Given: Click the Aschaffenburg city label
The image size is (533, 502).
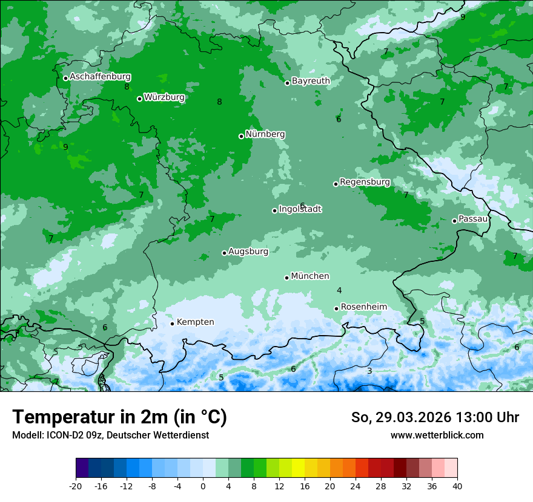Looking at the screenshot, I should point(100,77).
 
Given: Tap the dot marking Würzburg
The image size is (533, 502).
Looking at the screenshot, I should point(139,99).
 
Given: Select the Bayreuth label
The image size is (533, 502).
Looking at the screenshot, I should point(311,80).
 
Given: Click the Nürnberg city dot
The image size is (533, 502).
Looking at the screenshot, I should point(241,136).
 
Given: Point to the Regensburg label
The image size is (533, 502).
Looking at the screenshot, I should point(365,181).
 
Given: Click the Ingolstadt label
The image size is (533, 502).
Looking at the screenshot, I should point(300,209).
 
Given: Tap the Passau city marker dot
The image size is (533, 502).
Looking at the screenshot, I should point(454,221).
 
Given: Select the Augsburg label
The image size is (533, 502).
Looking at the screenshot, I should point(248,251).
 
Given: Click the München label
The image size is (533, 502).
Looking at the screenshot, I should point(310,276).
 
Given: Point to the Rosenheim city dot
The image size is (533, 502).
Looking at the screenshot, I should point(336,308).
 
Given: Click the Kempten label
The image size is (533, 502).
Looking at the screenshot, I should point(195,322).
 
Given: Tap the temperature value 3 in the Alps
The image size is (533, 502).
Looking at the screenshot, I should point(369,371).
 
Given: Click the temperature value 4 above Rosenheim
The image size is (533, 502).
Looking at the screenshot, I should point(339,291).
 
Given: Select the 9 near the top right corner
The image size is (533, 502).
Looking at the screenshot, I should point(463,17).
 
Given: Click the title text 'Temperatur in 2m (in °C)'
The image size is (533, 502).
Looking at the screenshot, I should point(119,417).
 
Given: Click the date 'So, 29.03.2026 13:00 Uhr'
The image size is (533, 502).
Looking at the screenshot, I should point(435,417).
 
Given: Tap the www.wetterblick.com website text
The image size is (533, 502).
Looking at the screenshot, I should point(437,435).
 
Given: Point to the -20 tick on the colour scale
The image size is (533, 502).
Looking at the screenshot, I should point(76,486).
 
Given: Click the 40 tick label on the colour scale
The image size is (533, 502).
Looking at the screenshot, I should point(457,486).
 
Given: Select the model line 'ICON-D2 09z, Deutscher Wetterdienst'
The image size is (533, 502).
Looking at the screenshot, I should point(110,435).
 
